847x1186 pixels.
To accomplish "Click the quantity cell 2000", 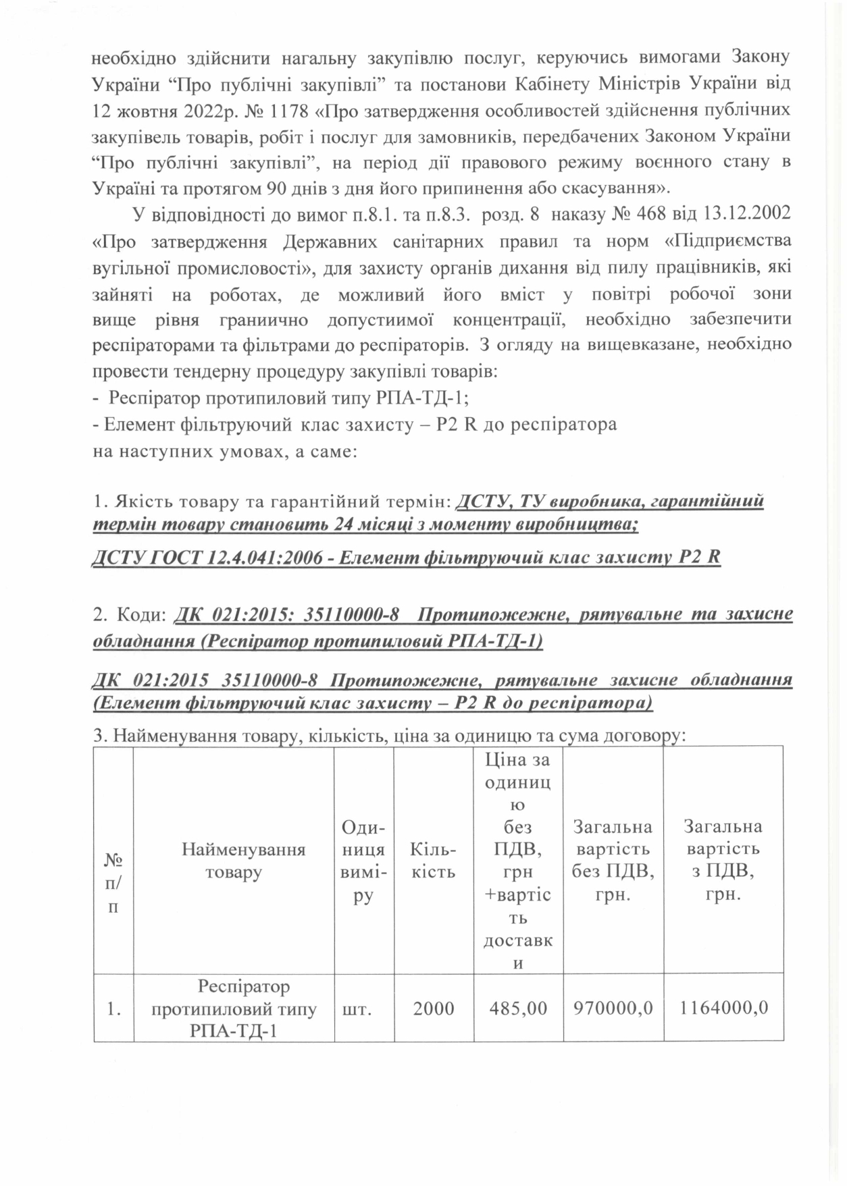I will (x=434, y=1008).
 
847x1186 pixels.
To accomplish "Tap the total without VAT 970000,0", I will (x=613, y=1008).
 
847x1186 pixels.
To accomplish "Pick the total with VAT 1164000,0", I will (x=723, y=1008).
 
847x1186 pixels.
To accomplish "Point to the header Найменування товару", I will (x=234, y=860).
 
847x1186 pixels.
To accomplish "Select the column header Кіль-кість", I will (x=434, y=860).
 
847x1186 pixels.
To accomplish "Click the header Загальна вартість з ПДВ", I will (x=723, y=860).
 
